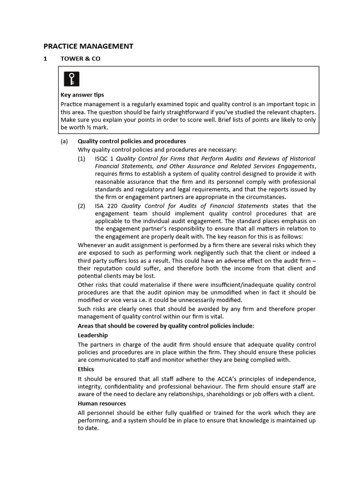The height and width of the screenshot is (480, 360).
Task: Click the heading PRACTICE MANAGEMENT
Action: (x=88, y=46)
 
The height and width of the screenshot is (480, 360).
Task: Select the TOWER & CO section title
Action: (x=80, y=59)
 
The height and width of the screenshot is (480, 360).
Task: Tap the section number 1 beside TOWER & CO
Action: (x=45, y=59)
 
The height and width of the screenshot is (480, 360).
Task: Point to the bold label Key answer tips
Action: (x=82, y=95)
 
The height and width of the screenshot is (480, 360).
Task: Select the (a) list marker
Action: (x=64, y=141)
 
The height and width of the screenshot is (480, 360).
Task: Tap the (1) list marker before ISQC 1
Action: (x=82, y=158)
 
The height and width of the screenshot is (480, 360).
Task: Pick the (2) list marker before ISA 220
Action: (x=82, y=206)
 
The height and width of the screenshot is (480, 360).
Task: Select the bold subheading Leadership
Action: (x=93, y=335)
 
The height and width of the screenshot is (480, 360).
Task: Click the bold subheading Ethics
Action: (x=86, y=369)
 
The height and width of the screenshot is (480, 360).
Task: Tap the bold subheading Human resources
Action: (x=102, y=403)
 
